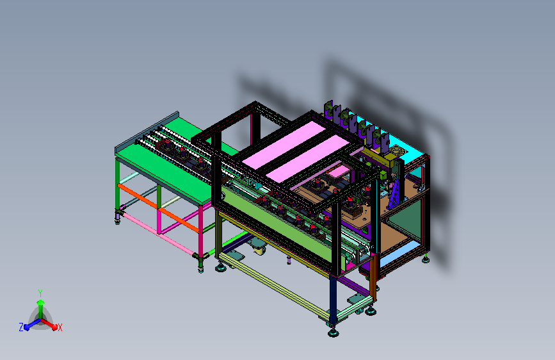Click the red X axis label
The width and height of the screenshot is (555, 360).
click(60, 327)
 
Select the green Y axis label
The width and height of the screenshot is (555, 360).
click(40, 293)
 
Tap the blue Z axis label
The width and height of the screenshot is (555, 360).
click(21, 327)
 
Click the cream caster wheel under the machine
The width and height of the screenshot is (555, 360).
click(260, 250)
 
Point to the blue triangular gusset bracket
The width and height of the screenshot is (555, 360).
click(395, 194)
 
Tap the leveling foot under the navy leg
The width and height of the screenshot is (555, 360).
click(333, 332)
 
